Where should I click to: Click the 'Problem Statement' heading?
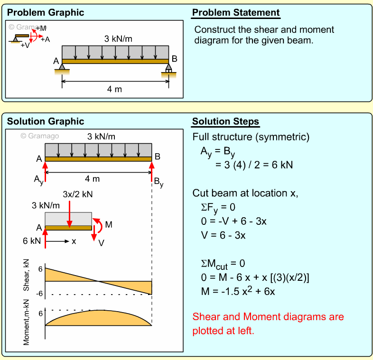click(235, 13)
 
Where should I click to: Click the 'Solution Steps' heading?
click(225, 122)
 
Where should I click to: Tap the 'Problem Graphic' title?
click(45, 13)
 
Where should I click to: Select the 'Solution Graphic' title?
click(45, 122)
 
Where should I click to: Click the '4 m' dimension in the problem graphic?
click(114, 89)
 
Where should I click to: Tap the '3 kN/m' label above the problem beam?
click(118, 38)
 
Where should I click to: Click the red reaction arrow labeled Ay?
click(45, 171)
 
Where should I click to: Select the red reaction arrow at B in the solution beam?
click(152, 171)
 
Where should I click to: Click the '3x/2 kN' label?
click(78, 194)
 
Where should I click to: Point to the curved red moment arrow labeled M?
click(98, 224)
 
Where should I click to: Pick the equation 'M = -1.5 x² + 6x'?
click(238, 291)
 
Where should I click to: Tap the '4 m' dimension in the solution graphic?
click(92, 179)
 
